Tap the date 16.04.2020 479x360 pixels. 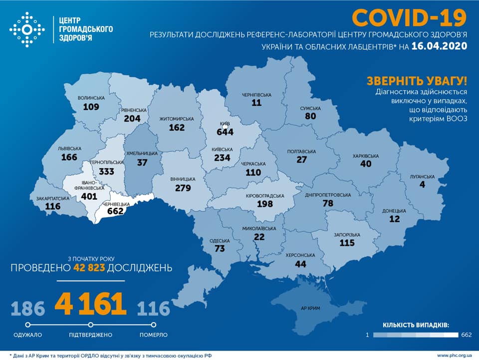click(439, 46)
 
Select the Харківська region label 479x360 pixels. click(366, 156)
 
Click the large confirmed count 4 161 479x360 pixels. click(90, 304)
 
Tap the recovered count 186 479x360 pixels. click(27, 309)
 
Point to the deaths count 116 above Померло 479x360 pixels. click(154, 309)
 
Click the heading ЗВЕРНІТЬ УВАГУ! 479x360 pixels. click(417, 81)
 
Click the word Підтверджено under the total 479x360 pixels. click(90, 335)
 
